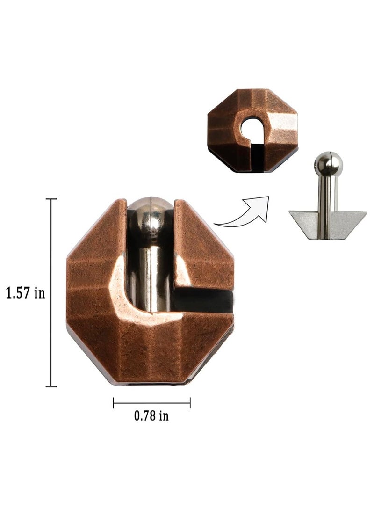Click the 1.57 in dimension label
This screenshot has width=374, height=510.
click(26, 293)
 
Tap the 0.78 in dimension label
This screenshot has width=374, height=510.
click(151, 415)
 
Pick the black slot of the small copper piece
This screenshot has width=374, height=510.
click(258, 156)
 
